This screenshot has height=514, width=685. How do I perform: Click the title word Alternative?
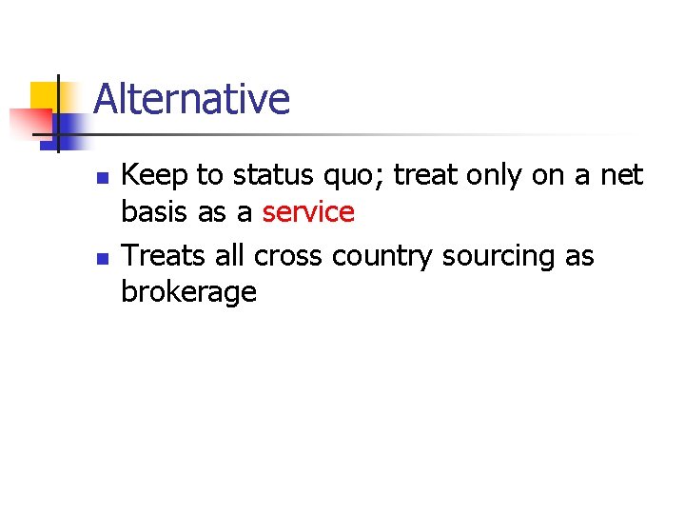click(191, 99)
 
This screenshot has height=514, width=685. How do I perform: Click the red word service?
click(308, 212)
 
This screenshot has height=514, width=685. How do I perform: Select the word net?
click(620, 175)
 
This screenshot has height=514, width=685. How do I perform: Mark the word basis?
click(155, 212)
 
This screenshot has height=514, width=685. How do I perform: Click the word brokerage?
click(188, 293)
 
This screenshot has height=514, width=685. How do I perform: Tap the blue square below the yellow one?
click(68, 127)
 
